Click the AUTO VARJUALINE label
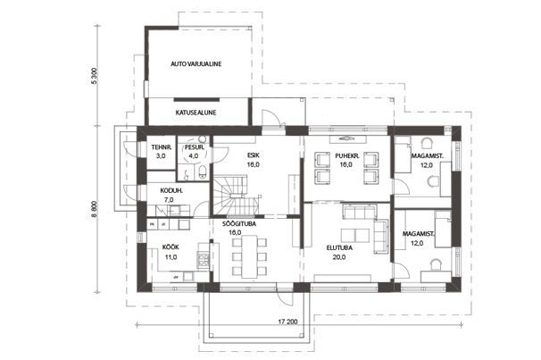[196, 63]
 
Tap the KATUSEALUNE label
[196, 113]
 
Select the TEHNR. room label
[159, 147]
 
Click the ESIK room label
[253, 155]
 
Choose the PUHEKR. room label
[347, 155]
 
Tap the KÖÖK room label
[171, 247]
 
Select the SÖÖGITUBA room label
[239, 224]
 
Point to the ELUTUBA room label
[339, 247]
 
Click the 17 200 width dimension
[287, 322]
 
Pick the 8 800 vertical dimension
[96, 209]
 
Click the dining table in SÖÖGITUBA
[249, 256]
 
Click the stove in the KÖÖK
[204, 260]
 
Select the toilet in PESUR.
[203, 172]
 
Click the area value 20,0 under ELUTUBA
[339, 257]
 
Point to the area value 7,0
[169, 200]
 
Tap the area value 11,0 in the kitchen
[171, 257]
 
